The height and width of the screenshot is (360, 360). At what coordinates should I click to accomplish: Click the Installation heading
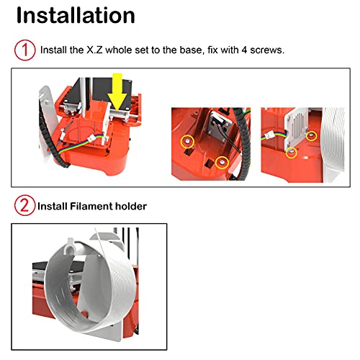point(76,15)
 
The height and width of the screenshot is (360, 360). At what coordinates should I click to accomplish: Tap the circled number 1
point(25,50)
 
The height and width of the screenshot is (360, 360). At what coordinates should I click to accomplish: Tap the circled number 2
point(24,205)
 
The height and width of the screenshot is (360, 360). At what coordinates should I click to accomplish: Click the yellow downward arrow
point(117,92)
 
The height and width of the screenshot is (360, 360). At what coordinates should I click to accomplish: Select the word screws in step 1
point(267,50)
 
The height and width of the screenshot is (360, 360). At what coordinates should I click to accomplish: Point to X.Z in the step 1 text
point(94,50)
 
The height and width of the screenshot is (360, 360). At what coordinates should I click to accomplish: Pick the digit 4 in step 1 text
point(244,50)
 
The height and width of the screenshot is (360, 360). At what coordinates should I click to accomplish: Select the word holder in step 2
point(131,206)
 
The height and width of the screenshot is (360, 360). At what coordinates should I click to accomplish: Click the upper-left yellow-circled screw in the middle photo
point(187,141)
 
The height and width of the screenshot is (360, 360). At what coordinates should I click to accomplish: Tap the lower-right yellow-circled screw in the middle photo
point(222,163)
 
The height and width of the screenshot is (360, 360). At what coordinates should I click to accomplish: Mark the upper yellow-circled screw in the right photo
point(311,136)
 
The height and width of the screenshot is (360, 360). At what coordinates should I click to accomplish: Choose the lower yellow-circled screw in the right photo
point(292,153)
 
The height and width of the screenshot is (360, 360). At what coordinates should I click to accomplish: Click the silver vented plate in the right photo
point(297,127)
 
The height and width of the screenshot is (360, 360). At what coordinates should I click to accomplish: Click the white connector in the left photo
point(91,138)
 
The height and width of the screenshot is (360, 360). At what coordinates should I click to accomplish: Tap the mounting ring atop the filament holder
point(70,246)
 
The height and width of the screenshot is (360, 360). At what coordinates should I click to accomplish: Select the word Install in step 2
point(53,206)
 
